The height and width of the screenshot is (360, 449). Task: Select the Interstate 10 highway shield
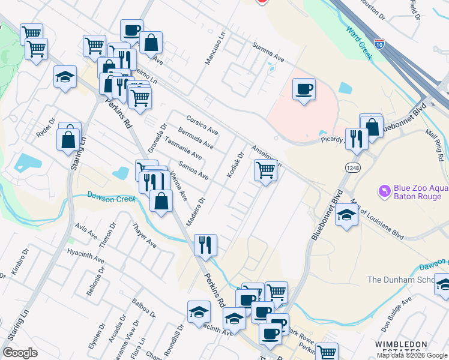379,43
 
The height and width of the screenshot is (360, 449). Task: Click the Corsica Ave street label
202,124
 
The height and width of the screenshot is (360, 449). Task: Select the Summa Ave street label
268,52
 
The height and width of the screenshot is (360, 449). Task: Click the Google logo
20,353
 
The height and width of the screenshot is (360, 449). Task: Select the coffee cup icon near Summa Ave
304,90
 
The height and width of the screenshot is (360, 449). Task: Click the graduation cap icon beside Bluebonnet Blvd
346,215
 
